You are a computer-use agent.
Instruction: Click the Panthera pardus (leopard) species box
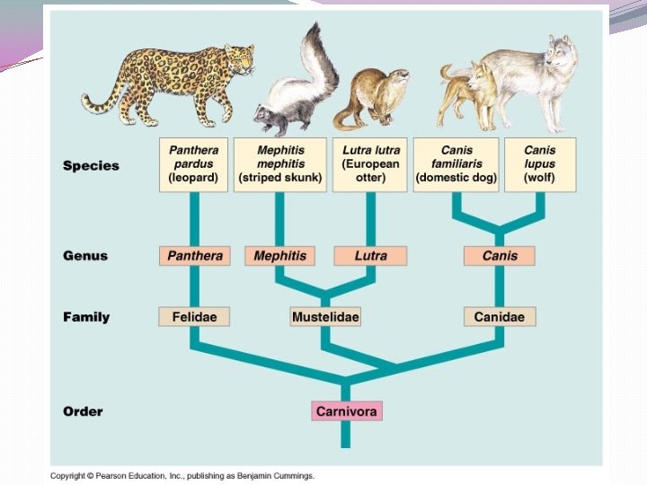click(194, 164)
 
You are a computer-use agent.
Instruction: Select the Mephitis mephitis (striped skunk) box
click(279, 164)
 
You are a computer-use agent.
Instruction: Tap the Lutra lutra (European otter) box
click(370, 164)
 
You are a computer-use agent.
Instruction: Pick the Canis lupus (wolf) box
click(540, 164)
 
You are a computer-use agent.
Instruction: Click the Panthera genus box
click(194, 256)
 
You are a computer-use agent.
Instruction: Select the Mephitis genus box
click(279, 256)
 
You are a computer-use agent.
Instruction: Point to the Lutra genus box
click(370, 256)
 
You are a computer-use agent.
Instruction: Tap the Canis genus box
click(500, 256)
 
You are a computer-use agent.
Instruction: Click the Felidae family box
click(194, 317)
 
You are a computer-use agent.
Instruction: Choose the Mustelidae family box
click(325, 317)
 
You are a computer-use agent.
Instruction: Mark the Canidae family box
click(500, 317)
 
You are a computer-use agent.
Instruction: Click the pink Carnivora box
click(348, 411)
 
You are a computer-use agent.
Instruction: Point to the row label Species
click(91, 165)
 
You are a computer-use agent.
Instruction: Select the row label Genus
click(85, 256)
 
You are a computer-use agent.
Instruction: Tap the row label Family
click(86, 317)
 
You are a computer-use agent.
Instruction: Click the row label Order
click(83, 411)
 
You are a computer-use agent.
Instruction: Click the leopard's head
click(238, 61)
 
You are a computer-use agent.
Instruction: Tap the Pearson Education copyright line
click(182, 475)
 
